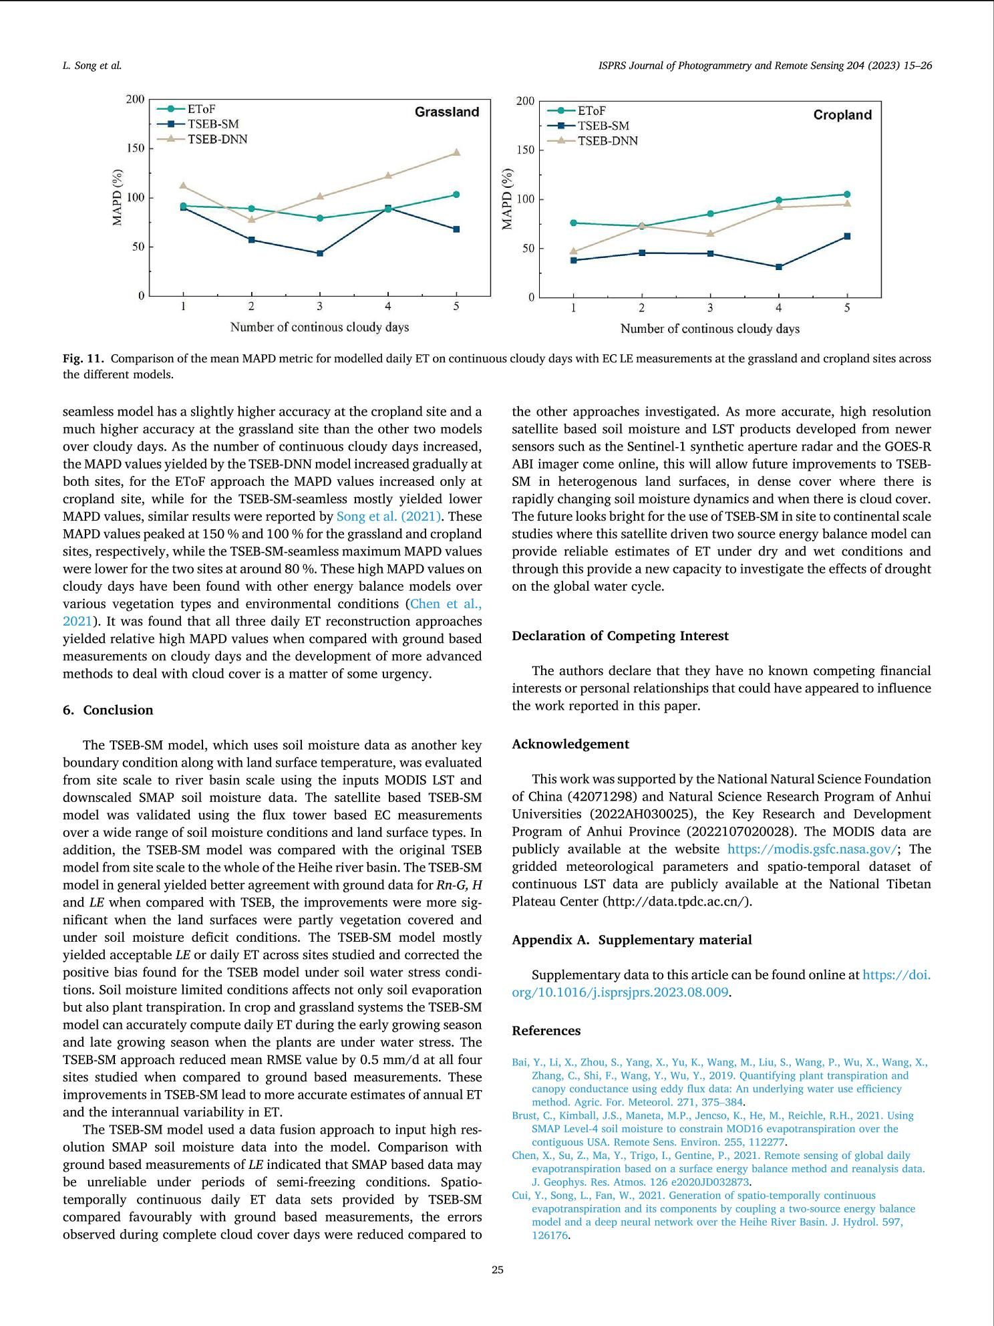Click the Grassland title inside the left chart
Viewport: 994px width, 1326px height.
[x=447, y=112]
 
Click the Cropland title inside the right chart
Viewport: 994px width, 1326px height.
[x=842, y=115]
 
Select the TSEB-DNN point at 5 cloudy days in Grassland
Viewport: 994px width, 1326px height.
[x=456, y=152]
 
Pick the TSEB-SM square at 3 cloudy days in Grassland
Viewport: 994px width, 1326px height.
[x=320, y=253]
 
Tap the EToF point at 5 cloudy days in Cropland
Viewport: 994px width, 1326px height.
[x=847, y=194]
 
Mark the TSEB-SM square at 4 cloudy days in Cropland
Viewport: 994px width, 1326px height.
[x=779, y=267]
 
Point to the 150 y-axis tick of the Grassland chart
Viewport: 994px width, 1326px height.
[x=136, y=148]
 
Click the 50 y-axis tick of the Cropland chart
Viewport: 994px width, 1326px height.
[x=526, y=249]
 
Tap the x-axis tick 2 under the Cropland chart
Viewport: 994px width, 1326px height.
[x=642, y=308]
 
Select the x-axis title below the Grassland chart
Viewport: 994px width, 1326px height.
[x=319, y=327]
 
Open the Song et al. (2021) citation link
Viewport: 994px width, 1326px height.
[x=389, y=517]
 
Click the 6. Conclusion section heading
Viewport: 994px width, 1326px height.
[x=108, y=710]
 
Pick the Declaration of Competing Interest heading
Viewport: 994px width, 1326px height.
[x=620, y=636]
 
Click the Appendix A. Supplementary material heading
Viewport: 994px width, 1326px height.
[x=631, y=940]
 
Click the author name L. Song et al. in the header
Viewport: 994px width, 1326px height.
[x=92, y=65]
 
